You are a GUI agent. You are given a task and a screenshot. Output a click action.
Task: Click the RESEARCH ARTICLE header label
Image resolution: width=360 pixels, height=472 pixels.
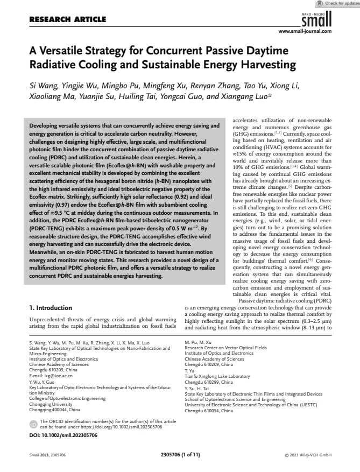click(x=67, y=19)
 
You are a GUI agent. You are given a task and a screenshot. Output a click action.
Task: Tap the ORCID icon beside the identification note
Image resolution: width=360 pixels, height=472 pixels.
click(x=33, y=422)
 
